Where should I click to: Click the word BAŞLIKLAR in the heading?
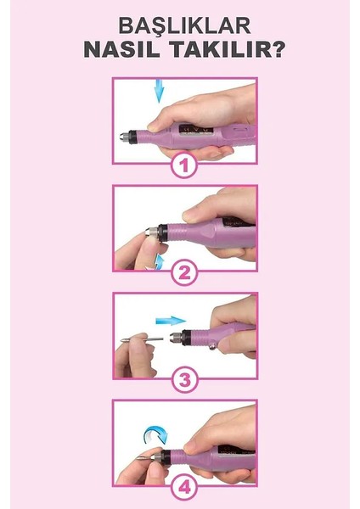[184, 25]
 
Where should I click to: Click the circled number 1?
[184, 165]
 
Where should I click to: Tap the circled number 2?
[184, 273]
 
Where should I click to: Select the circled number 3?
[184, 380]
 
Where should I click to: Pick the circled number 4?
[184, 487]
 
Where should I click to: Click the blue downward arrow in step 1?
[159, 90]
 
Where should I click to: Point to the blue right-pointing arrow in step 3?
[171, 321]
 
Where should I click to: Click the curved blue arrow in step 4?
[155, 433]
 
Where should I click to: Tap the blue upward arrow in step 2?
[160, 262]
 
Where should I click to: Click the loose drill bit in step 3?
[142, 339]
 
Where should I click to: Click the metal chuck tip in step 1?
[124, 136]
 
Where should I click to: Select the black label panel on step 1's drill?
[195, 128]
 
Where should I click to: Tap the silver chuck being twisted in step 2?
[152, 232]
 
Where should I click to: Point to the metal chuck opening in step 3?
[176, 338]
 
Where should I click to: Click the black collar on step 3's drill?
[186, 338]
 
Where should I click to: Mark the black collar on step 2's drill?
[162, 232]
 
